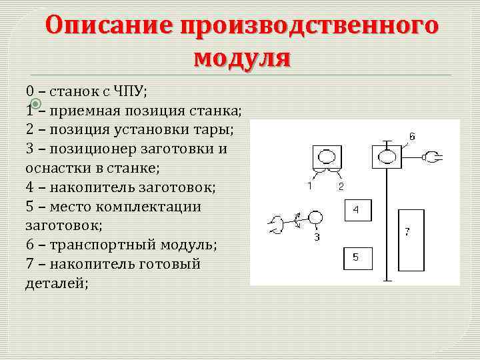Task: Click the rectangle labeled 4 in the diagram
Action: coord(356,210)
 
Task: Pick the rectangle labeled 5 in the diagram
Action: coord(356,257)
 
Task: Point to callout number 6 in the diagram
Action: coord(412,136)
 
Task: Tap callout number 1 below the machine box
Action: coord(309,186)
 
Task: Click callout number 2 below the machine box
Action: coord(341,186)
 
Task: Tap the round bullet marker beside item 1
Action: coord(37,103)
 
